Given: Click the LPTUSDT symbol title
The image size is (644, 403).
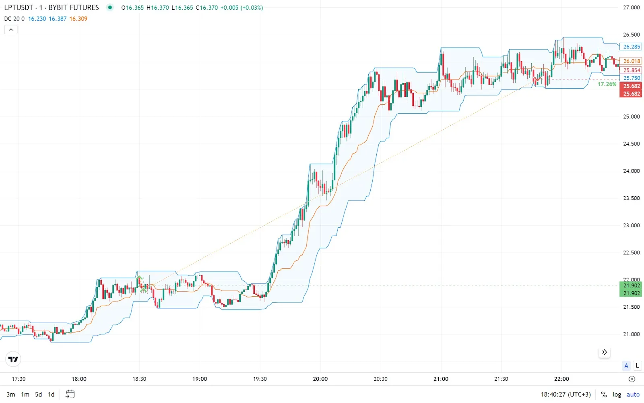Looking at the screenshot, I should tap(19, 8).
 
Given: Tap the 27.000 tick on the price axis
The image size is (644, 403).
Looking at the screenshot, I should tap(631, 8).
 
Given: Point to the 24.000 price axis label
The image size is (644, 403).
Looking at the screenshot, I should tap(631, 171).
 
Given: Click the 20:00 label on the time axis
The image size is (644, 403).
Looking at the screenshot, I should tap(320, 379).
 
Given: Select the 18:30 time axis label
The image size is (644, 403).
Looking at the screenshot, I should tap(139, 379).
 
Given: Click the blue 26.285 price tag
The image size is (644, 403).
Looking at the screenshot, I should tap(631, 47).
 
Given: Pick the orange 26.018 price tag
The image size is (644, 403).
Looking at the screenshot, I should tap(631, 61).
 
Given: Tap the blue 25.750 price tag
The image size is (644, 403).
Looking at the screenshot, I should tap(631, 78).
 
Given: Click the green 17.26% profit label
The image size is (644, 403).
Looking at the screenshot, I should tap(607, 84).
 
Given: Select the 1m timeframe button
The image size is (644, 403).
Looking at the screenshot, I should tap(25, 395).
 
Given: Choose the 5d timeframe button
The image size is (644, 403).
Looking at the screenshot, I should tap(38, 395).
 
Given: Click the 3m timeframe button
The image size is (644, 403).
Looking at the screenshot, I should tap(11, 395).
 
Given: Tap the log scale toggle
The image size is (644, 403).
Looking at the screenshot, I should tap(617, 395).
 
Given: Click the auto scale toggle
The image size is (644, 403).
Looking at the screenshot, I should tap(633, 395).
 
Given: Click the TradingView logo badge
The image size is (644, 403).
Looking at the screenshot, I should tap(13, 359).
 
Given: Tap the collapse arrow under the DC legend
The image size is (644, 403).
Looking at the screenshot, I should tap(11, 29).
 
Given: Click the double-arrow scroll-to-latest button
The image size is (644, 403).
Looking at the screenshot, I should tap(604, 352).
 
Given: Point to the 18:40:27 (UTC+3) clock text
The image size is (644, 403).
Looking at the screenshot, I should tap(566, 395).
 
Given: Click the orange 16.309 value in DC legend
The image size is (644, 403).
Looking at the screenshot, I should tap(78, 19).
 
